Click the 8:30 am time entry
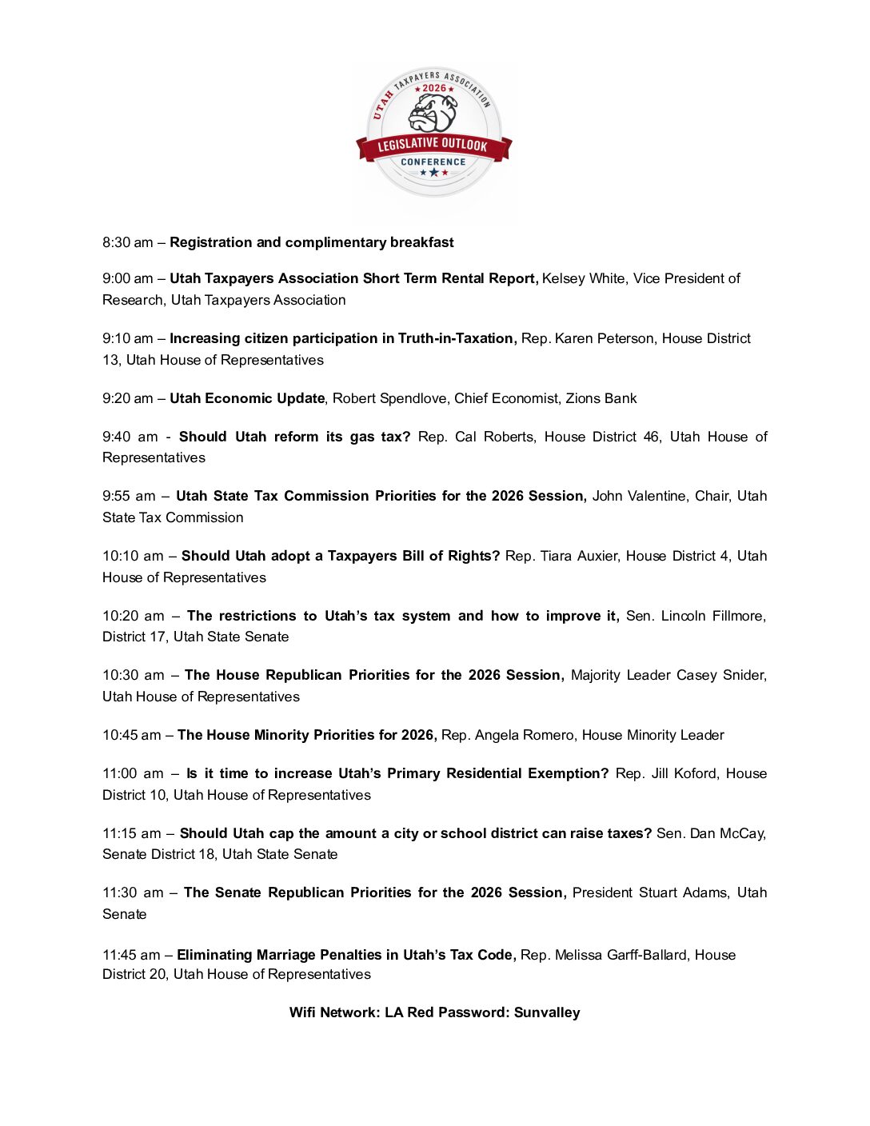tap(127, 242)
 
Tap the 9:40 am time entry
tap(130, 437)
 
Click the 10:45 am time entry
tap(132, 735)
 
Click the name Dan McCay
tap(727, 833)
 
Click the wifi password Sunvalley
tap(547, 1012)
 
